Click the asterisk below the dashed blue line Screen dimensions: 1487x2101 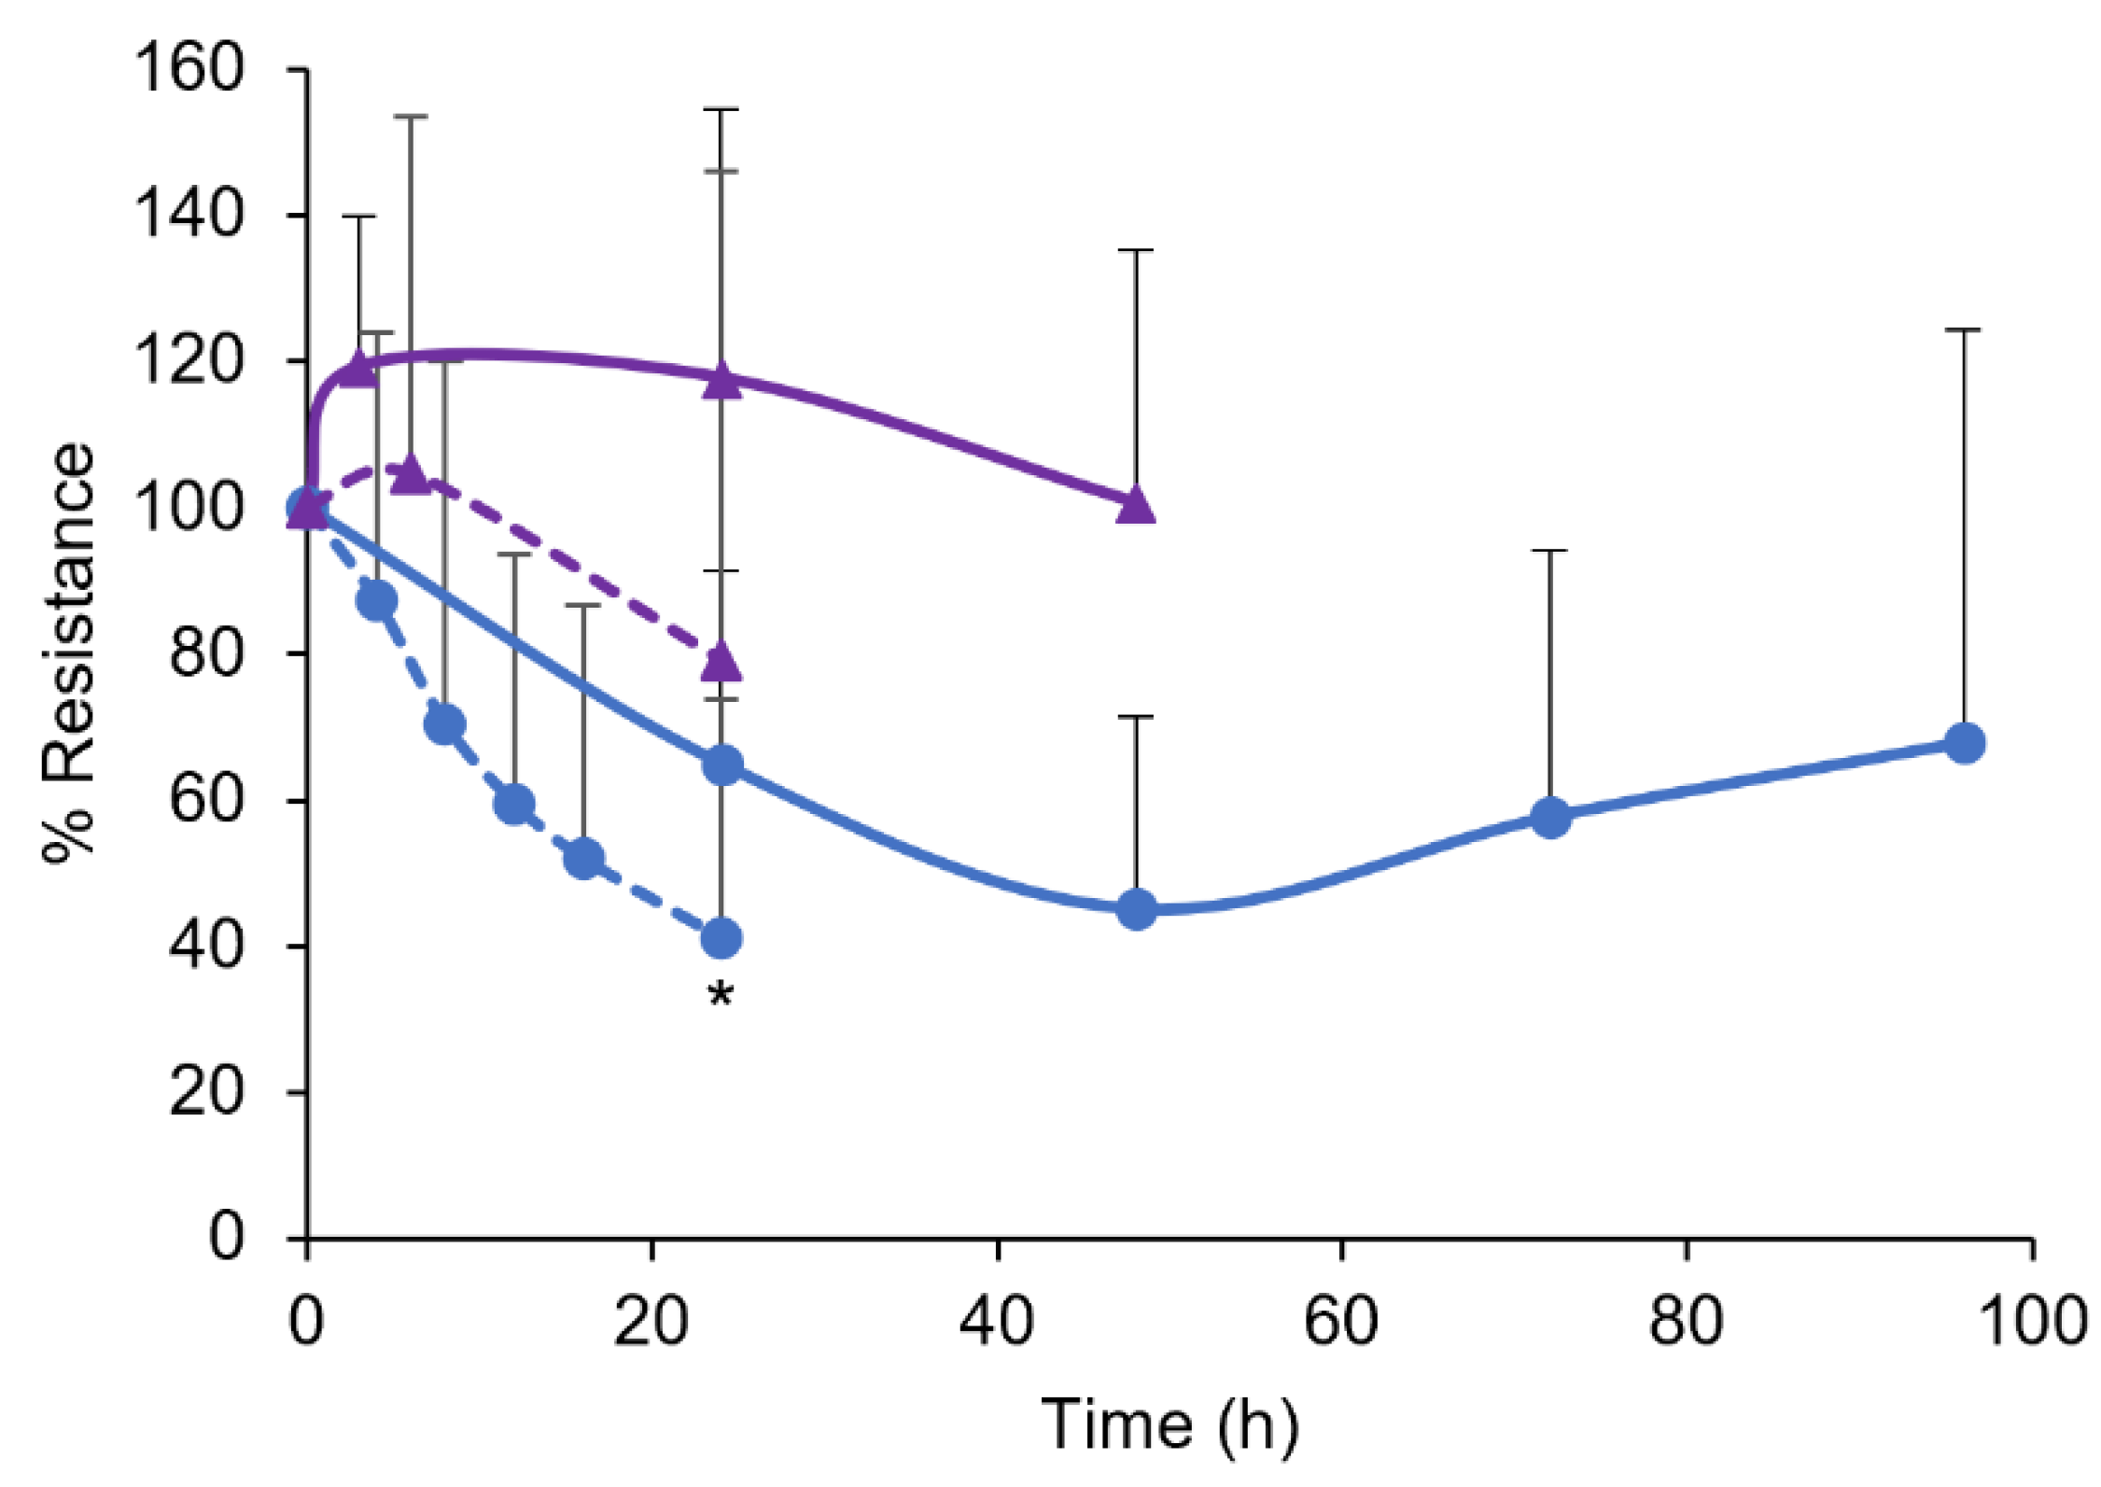(x=721, y=995)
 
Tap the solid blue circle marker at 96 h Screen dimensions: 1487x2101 (x=1964, y=743)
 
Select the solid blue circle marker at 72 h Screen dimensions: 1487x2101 (x=1550, y=817)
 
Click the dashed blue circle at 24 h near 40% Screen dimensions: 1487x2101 (x=721, y=938)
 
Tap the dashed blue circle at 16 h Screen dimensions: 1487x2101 (x=584, y=858)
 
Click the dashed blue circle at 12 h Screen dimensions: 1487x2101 (x=514, y=803)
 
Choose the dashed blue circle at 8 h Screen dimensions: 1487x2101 (x=445, y=724)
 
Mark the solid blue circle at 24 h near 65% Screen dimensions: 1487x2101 (x=721, y=766)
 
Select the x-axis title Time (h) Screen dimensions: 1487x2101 (x=1169, y=1425)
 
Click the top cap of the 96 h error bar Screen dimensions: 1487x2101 (x=1964, y=330)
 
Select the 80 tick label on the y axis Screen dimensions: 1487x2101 (x=205, y=652)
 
